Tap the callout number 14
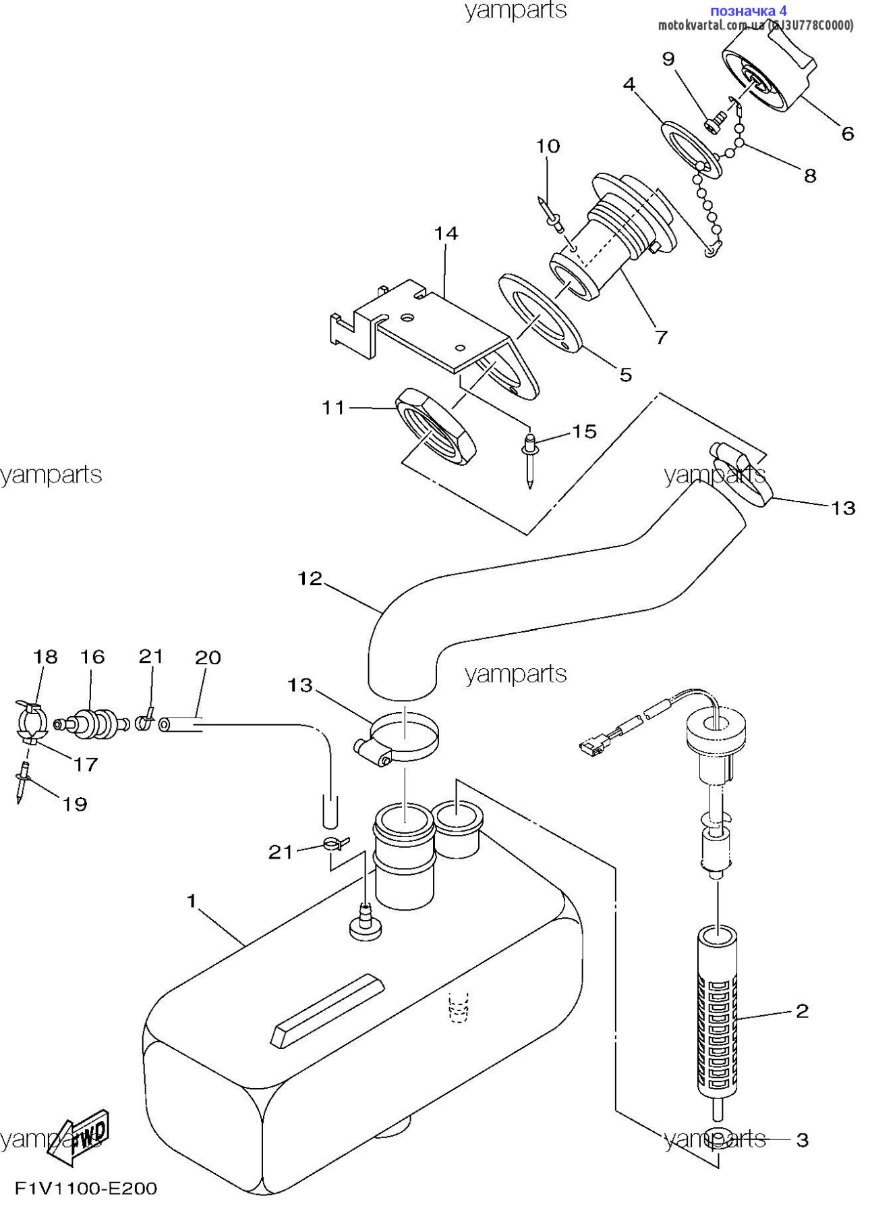(446, 234)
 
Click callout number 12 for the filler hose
(310, 578)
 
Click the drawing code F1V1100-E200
(86, 1189)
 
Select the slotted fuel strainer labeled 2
(716, 1013)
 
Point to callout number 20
(208, 657)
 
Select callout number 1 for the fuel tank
(192, 901)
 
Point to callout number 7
(661, 336)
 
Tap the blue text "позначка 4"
(748, 11)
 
